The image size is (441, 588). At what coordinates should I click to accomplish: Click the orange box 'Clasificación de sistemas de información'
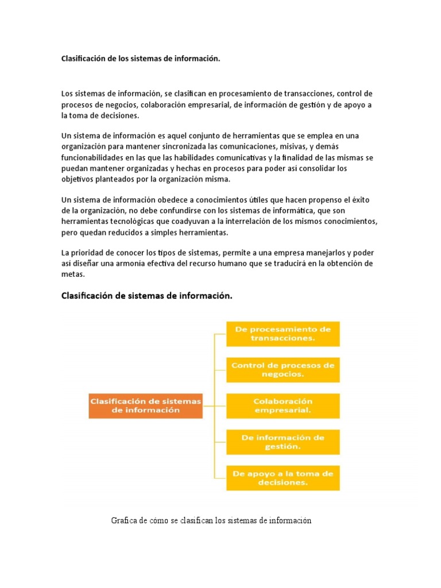tap(145, 405)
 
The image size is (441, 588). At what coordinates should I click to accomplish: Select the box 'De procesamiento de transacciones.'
tap(283, 334)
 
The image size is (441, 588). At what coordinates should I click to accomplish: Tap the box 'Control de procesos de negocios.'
tap(283, 369)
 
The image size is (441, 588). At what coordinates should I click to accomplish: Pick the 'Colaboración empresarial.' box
tap(283, 405)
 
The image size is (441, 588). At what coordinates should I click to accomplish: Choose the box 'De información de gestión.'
tap(283, 442)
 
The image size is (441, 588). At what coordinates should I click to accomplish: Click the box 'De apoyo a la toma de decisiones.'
tap(283, 478)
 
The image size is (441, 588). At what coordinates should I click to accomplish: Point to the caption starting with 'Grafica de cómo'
tap(211, 521)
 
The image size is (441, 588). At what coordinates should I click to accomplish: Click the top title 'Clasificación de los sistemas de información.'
tap(141, 59)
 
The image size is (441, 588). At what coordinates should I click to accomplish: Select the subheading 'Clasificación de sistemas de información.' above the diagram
tap(147, 296)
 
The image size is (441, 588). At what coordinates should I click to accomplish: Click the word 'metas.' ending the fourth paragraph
tap(73, 274)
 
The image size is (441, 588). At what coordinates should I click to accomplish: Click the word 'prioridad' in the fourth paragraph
tap(87, 253)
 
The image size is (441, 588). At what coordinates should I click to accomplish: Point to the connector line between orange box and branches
tap(208, 405)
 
